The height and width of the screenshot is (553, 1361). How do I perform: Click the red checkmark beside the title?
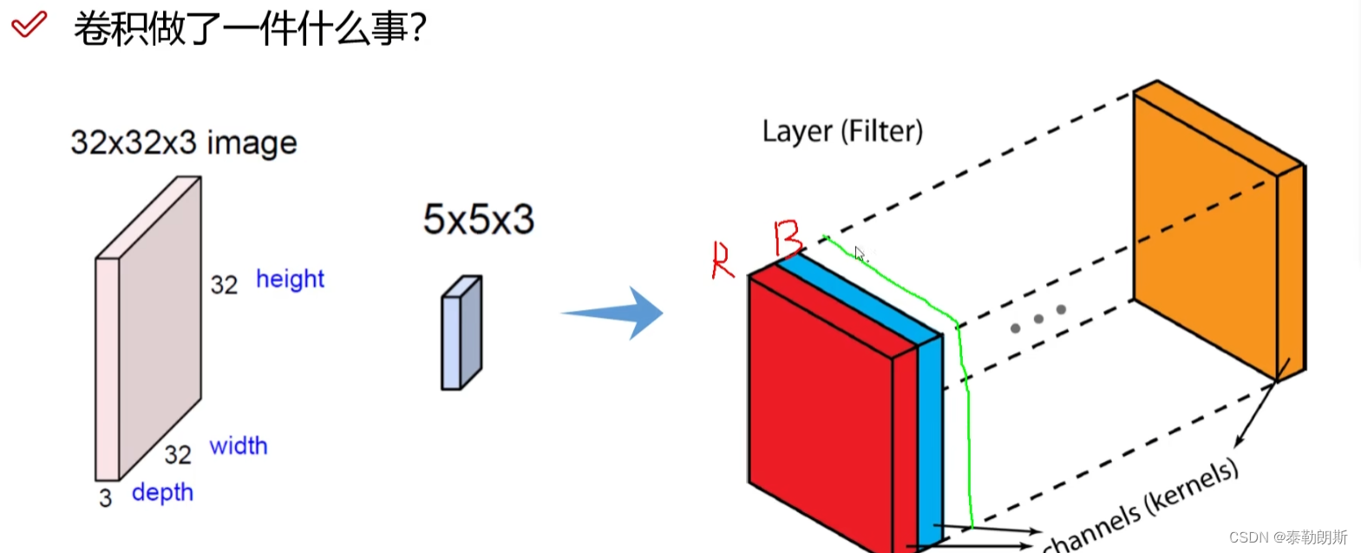click(x=29, y=24)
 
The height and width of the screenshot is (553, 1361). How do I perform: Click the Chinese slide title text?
click(x=250, y=28)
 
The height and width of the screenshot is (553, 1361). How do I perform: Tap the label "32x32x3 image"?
click(x=183, y=142)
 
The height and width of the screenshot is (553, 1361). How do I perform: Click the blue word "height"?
click(x=290, y=280)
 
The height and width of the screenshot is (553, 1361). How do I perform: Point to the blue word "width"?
click(x=239, y=446)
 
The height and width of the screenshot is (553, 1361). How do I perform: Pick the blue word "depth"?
click(x=162, y=492)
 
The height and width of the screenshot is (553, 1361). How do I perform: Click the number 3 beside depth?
click(x=105, y=498)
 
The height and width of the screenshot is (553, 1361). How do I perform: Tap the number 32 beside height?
click(x=224, y=285)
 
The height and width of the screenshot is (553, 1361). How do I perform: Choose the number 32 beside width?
click(x=178, y=454)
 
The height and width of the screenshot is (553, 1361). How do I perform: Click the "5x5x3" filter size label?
click(x=478, y=220)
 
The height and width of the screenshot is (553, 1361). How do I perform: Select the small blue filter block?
click(x=461, y=334)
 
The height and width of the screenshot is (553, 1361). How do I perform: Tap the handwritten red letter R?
click(x=723, y=260)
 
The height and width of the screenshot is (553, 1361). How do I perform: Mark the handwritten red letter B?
click(x=788, y=238)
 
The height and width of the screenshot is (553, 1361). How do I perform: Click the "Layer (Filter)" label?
click(x=842, y=132)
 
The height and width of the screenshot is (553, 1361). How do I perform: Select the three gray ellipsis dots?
click(x=1037, y=319)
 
